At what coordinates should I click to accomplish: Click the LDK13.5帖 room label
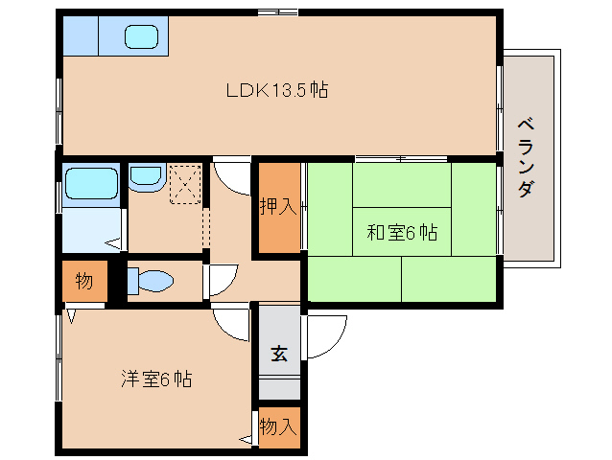[277, 91]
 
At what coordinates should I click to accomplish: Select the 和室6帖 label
[402, 232]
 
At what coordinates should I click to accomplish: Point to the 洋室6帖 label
[156, 379]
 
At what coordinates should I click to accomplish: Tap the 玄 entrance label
[278, 354]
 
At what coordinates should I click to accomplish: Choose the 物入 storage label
[278, 426]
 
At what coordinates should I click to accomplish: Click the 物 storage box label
[84, 282]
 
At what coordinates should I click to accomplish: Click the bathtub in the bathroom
[90, 180]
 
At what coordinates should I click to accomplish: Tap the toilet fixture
[153, 281]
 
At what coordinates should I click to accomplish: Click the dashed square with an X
[184, 184]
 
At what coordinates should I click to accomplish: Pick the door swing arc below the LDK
[231, 173]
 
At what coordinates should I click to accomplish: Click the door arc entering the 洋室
[231, 323]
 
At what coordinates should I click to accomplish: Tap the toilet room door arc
[219, 279]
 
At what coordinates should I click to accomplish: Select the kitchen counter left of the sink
[81, 37]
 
